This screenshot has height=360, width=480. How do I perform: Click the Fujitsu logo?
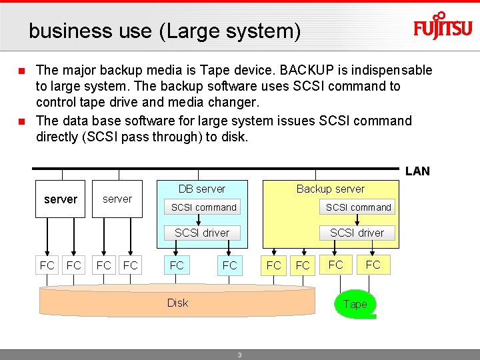tap(443, 27)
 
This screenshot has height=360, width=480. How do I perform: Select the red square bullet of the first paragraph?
tap(21, 71)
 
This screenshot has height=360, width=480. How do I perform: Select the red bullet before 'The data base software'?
tap(21, 121)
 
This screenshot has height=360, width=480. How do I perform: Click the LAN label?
tap(417, 171)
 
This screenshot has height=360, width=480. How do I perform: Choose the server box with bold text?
tap(61, 199)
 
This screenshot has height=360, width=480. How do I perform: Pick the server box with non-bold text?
tap(117, 199)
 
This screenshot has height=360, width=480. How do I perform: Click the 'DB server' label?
tap(202, 189)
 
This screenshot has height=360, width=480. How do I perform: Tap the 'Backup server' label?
tap(331, 189)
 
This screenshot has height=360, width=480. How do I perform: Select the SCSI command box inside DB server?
tap(204, 207)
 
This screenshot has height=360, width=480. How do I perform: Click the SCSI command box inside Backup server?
tap(358, 207)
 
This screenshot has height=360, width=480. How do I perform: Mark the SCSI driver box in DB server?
tap(202, 233)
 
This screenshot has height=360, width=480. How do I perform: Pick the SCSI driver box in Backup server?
tap(357, 233)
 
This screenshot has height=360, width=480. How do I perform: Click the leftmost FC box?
tap(47, 265)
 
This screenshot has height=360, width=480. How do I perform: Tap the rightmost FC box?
tap(373, 265)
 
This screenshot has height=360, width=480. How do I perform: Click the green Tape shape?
tap(355, 305)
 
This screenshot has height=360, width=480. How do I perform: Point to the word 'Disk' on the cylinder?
tap(177, 303)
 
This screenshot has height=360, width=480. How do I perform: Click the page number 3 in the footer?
tap(239, 355)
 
